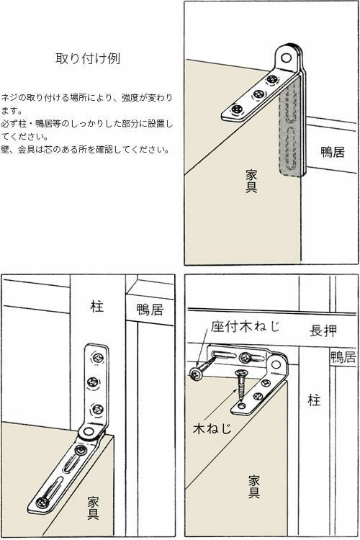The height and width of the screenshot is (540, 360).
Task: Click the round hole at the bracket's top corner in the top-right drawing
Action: [x=289, y=56]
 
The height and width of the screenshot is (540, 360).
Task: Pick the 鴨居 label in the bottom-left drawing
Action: [x=150, y=310]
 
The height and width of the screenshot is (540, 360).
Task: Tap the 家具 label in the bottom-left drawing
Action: [x=93, y=507]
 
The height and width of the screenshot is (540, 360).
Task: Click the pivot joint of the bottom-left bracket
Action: [x=89, y=432]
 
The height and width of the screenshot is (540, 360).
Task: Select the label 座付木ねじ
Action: [x=244, y=326]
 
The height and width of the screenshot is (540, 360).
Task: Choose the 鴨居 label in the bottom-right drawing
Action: [x=343, y=357]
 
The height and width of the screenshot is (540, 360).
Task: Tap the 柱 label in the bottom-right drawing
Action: [x=314, y=400]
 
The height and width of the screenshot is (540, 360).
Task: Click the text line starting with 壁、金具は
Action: [x=86, y=150]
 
